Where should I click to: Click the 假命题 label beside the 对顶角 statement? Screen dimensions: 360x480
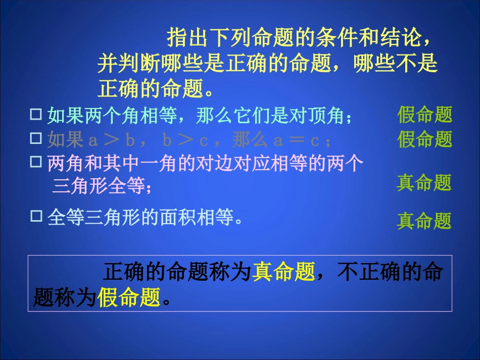[x=424, y=115]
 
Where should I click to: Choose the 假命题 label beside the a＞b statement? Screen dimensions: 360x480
[x=424, y=139]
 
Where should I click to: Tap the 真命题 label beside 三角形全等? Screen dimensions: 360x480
[x=424, y=183]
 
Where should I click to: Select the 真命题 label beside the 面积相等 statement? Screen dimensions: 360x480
[x=424, y=221]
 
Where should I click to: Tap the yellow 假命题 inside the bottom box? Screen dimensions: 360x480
[x=128, y=297]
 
